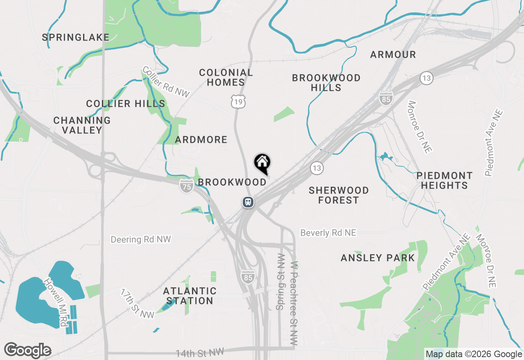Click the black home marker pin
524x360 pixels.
point(262,163)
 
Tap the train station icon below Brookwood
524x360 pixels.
point(248,202)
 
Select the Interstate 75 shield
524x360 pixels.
point(186,187)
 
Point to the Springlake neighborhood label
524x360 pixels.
point(76,38)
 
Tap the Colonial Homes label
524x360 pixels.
point(226,78)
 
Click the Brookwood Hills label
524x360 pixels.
point(326,83)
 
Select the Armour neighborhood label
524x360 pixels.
point(393,54)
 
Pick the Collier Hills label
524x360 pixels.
point(126,104)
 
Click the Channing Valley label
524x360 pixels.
point(82,125)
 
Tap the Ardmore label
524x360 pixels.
point(201,140)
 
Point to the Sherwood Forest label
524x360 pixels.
point(339,195)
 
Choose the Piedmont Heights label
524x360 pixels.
point(444,180)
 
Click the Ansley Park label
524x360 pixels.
point(378,258)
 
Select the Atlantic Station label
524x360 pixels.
point(190,296)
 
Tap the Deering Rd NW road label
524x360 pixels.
point(141,239)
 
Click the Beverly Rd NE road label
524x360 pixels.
point(328,233)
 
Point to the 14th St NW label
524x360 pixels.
point(200,352)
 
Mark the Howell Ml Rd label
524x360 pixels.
point(56,302)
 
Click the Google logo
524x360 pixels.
point(27,351)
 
